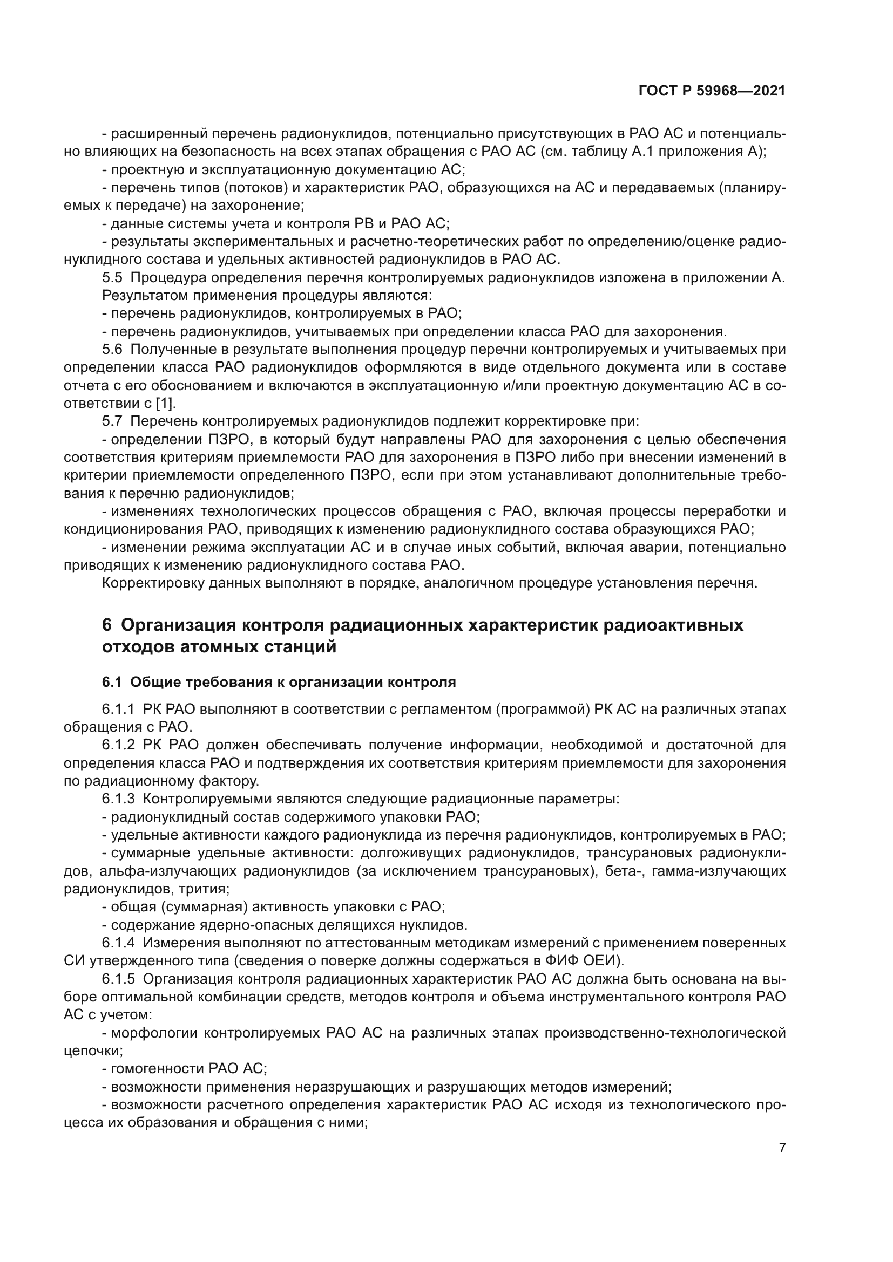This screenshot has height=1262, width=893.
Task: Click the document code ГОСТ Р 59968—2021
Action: [x=712, y=91]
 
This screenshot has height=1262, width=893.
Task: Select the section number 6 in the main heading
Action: [x=107, y=625]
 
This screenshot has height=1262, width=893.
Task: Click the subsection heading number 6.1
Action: [x=112, y=683]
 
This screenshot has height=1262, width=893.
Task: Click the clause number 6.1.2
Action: [x=118, y=745]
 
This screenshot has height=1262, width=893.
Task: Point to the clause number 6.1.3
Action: [x=118, y=799]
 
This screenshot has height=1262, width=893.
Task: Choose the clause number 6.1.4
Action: [x=118, y=943]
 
